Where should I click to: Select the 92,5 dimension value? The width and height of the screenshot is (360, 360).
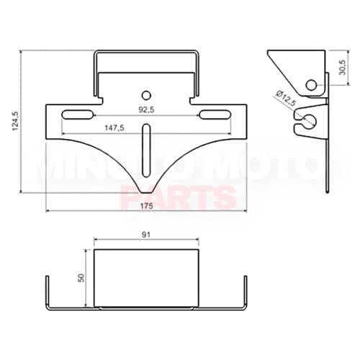(147, 111)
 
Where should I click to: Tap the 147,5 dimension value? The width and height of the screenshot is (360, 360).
(114, 127)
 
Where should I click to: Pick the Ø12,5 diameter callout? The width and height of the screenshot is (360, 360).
(285, 100)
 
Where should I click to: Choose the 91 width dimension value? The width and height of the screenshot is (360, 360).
(147, 235)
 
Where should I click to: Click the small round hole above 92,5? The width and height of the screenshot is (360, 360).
(147, 94)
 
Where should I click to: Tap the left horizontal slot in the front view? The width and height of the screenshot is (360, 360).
(79, 114)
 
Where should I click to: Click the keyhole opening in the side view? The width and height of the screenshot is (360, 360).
(308, 120)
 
